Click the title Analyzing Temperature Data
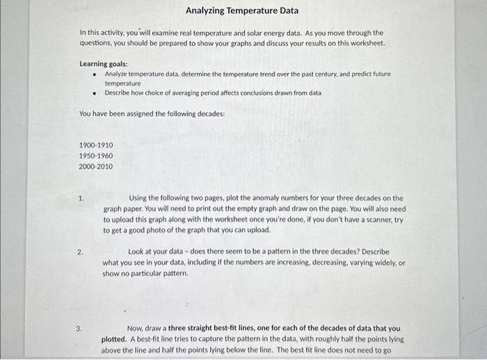tap(241, 10)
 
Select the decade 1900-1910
tap(96, 145)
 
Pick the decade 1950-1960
tap(96, 155)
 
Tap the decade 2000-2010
tap(96, 166)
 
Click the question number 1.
tap(81, 198)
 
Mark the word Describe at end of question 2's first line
tap(375, 251)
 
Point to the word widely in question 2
tap(383, 263)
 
